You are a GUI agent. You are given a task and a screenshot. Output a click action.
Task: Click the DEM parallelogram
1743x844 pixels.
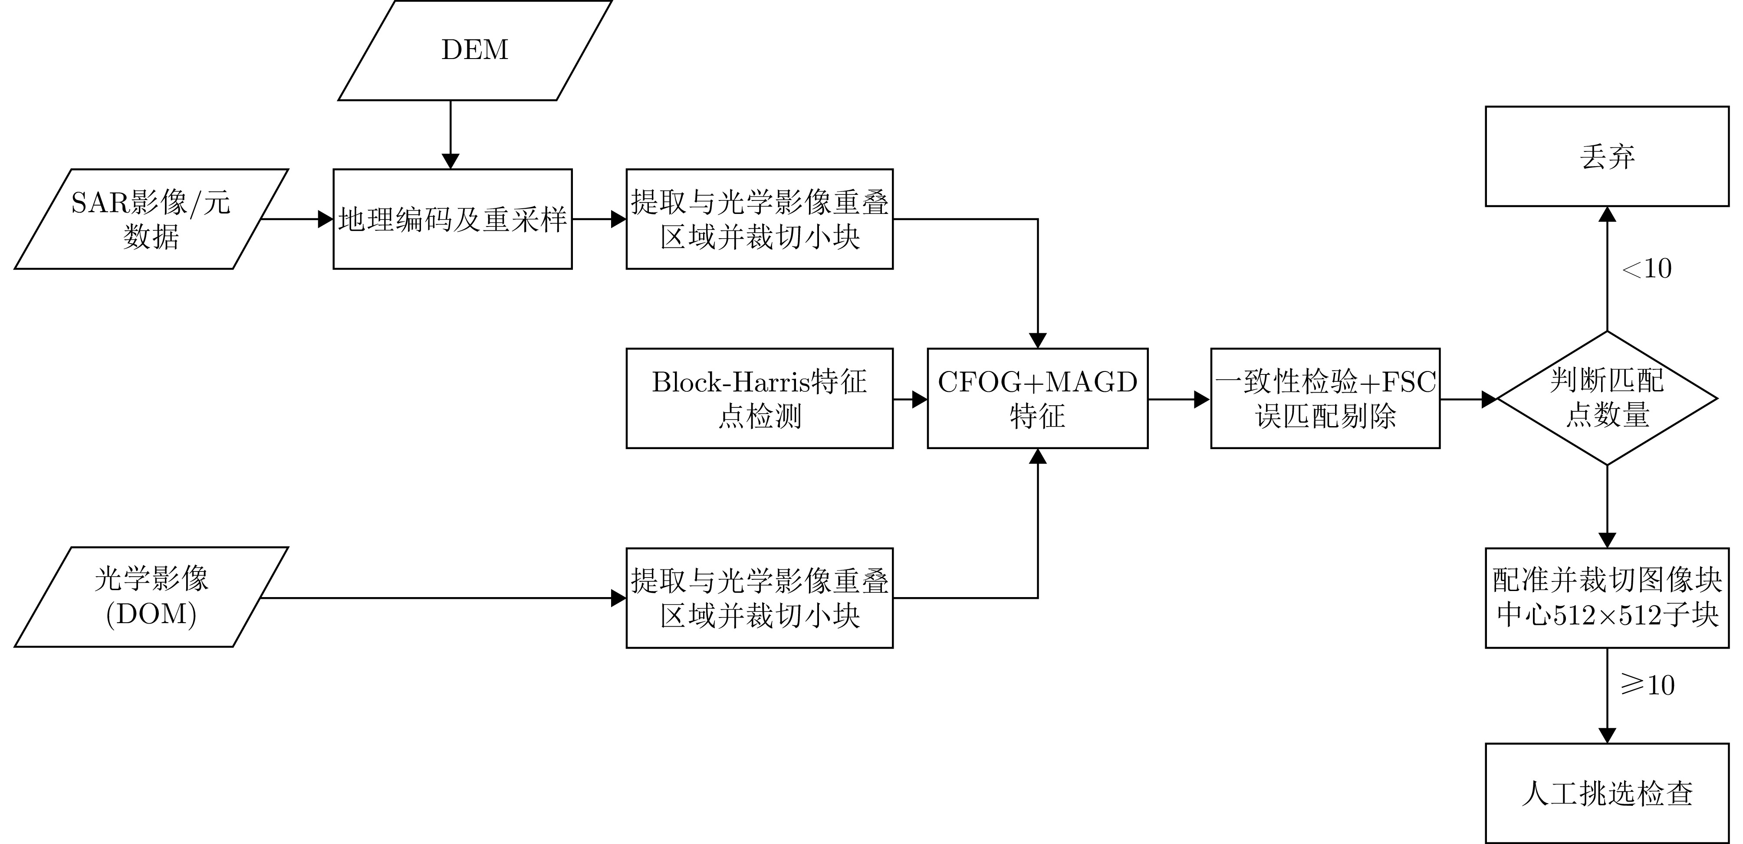coord(475,50)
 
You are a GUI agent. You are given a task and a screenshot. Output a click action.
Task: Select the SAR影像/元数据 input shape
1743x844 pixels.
coord(151,219)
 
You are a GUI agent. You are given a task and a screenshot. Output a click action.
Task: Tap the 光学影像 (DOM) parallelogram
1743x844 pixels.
coord(151,597)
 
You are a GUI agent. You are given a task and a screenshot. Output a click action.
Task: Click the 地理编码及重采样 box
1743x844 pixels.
coord(452,219)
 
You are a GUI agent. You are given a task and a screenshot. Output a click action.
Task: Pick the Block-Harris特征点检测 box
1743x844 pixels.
coord(759,398)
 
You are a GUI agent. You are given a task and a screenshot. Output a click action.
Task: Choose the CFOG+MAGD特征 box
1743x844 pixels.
coord(1037,398)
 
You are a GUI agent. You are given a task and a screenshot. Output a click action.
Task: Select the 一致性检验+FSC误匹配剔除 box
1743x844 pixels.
coord(1325,398)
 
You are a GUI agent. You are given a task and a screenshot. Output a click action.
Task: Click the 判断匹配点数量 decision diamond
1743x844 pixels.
coord(1607,398)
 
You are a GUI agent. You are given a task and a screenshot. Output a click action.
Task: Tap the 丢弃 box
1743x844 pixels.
coord(1607,156)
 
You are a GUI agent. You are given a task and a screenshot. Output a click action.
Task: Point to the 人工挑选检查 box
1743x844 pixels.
coord(1607,793)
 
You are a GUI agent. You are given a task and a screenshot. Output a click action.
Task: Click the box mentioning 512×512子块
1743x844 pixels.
coord(1607,597)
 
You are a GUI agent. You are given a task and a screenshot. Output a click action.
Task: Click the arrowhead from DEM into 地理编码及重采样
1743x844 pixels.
coord(450,161)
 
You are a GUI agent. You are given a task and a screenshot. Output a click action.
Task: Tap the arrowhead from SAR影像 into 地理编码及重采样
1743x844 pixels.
coord(326,219)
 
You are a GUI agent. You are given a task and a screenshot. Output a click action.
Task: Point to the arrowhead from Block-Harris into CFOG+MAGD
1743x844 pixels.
coord(920,399)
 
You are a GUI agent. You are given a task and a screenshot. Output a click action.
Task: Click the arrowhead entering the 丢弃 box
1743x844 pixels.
coord(1607,214)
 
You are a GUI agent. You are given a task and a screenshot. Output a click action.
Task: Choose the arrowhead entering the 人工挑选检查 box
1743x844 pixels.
coord(1607,735)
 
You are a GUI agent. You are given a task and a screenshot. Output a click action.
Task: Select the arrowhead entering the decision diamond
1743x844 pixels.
coord(1489,399)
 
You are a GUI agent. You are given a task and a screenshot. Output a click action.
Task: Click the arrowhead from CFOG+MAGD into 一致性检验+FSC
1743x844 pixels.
coord(1202,399)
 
